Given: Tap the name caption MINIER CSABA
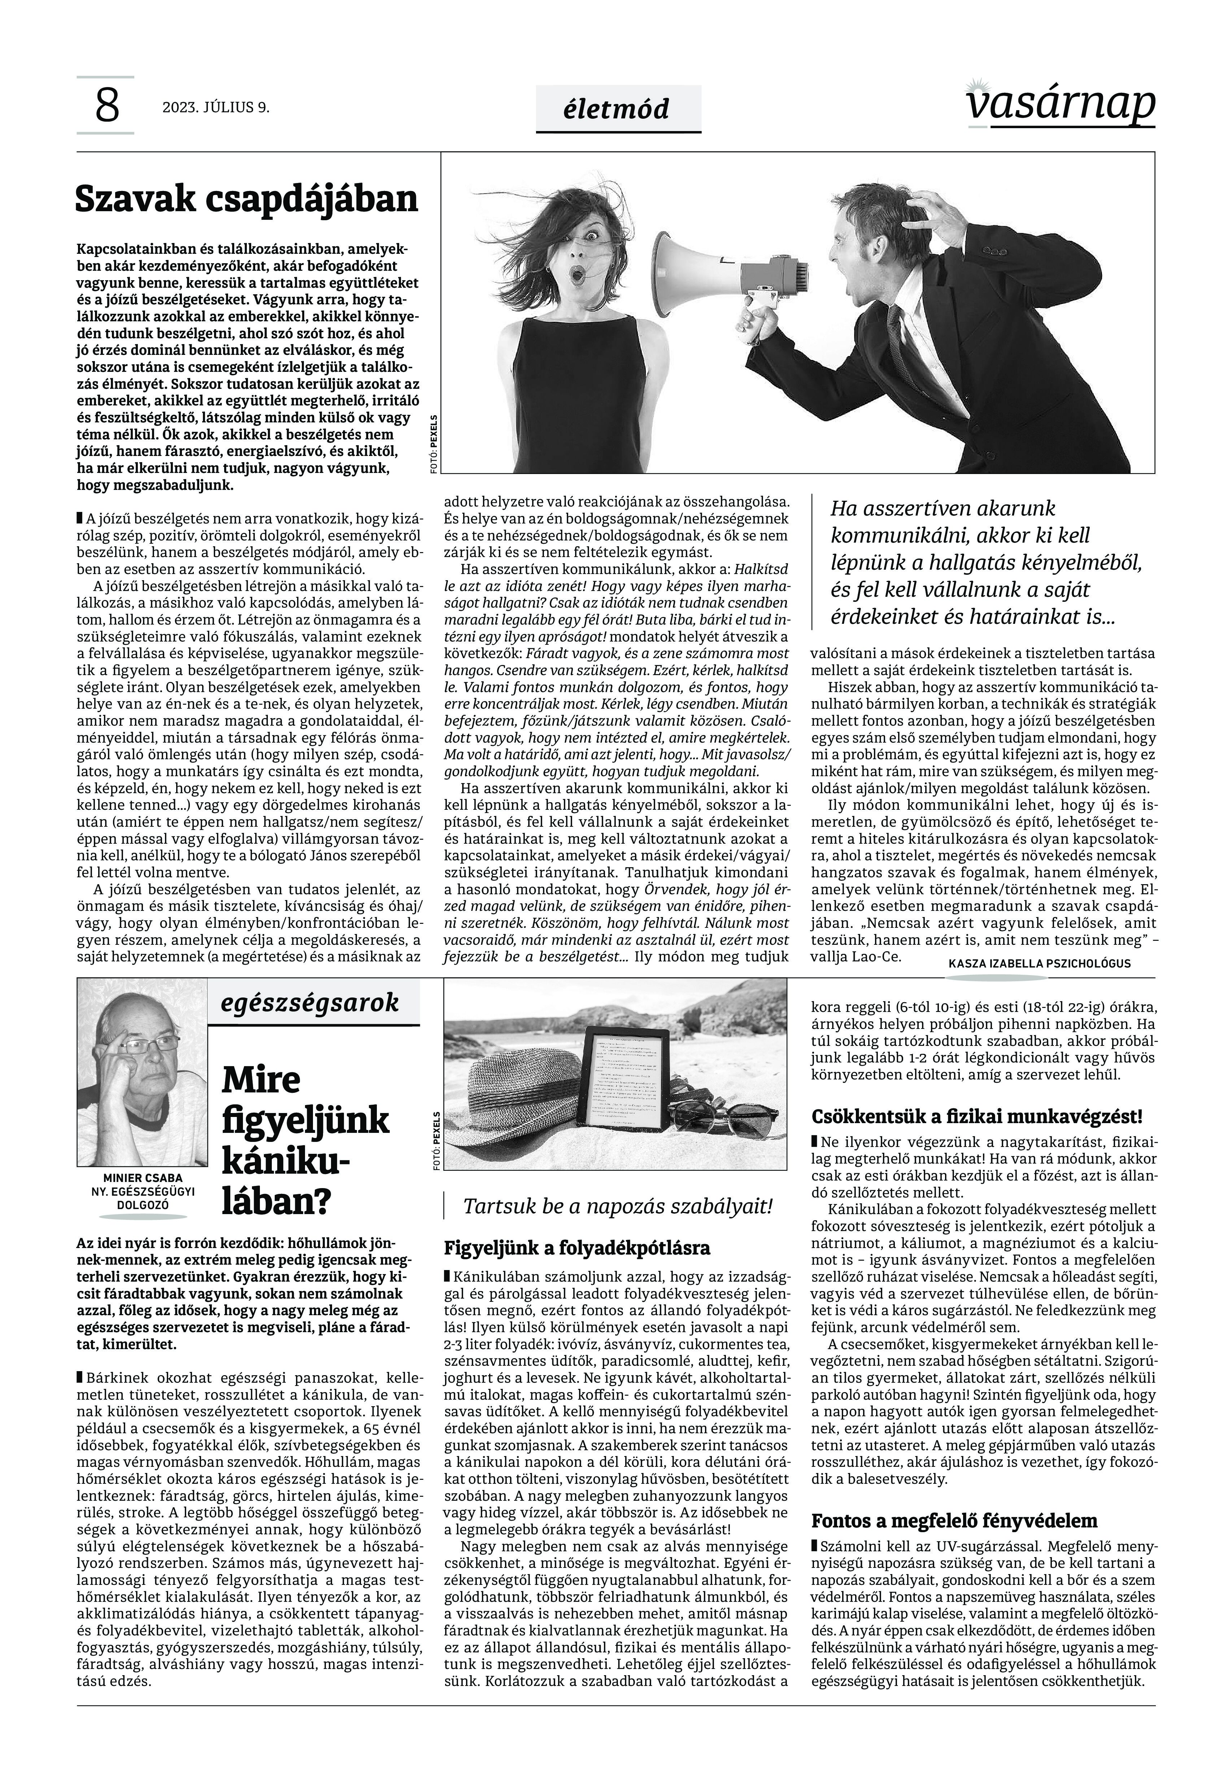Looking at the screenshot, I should pyautogui.click(x=143, y=1178).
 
